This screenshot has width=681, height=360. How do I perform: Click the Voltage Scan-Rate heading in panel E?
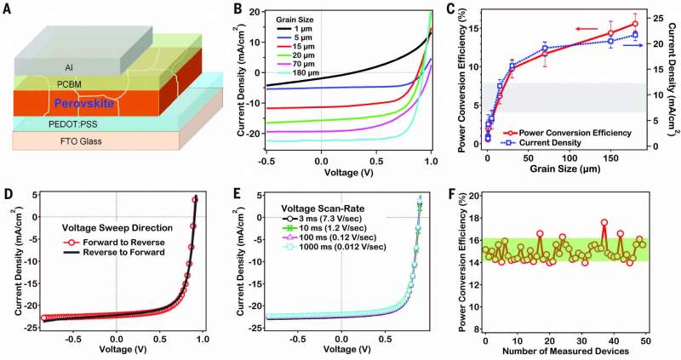[x=324, y=204]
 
